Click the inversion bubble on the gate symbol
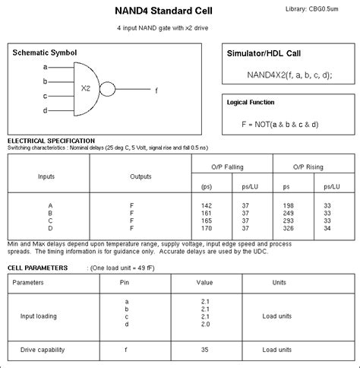[x=107, y=90]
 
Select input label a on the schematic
[x=46, y=67]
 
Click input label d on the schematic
[x=46, y=110]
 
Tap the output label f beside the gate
[x=156, y=90]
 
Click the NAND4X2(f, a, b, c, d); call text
[x=289, y=74]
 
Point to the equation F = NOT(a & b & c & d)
[x=279, y=123]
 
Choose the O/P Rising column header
[x=308, y=166]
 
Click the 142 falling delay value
[x=207, y=205]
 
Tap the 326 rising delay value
[x=288, y=228]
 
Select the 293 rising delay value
[x=288, y=220]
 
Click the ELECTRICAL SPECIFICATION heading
[x=51, y=141]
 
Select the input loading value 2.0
[x=205, y=324]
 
